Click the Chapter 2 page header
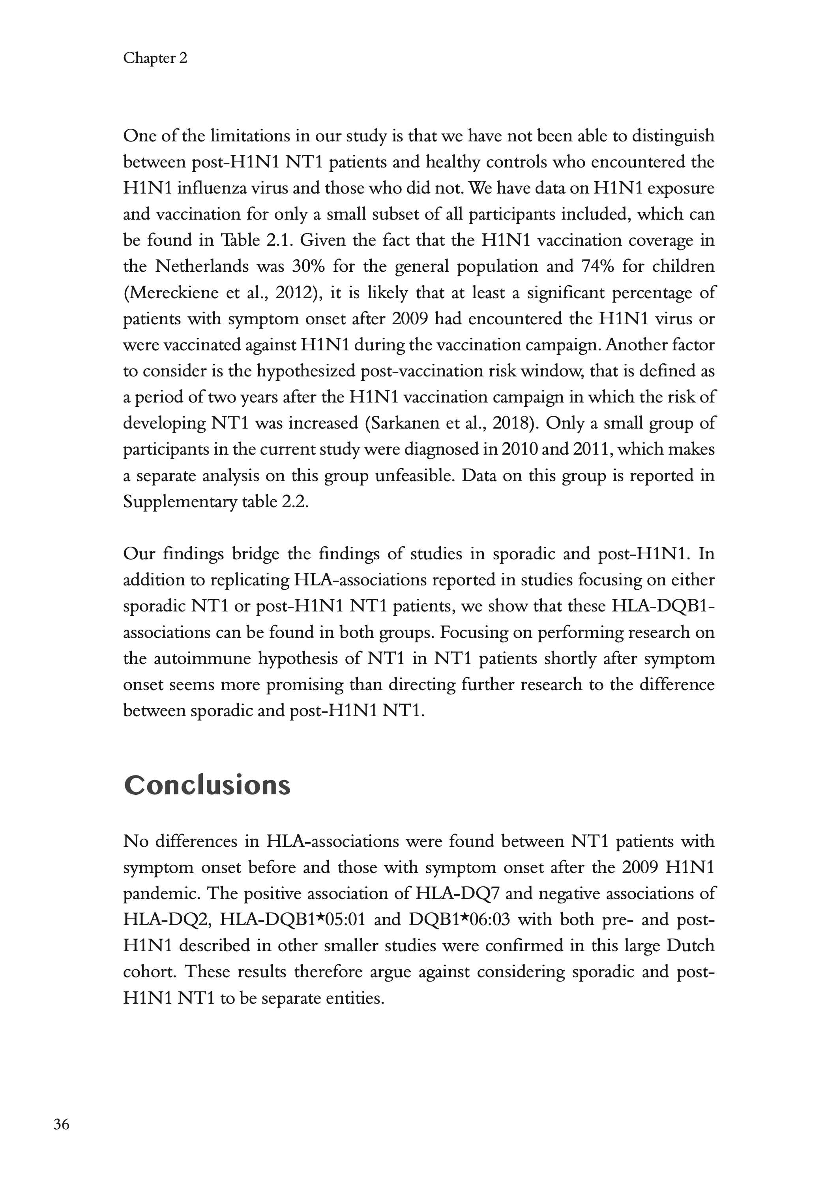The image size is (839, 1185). click(x=155, y=58)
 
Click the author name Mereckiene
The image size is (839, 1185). click(x=172, y=293)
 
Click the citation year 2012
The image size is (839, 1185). click(x=294, y=293)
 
